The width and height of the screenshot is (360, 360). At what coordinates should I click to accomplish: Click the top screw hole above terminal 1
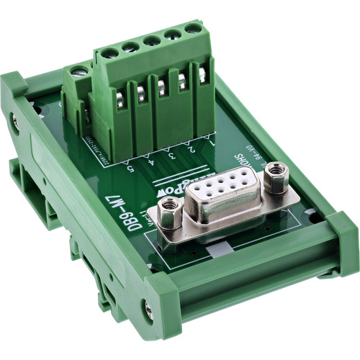tap(193, 30)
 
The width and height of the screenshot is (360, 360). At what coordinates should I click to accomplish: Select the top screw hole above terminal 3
tap(151, 41)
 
